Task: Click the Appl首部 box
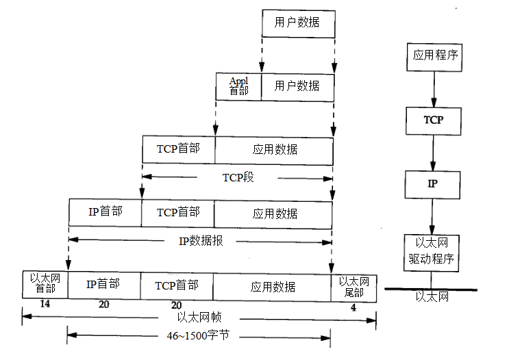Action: click(x=238, y=86)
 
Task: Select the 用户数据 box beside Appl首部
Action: click(x=297, y=86)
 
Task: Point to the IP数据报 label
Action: click(x=201, y=240)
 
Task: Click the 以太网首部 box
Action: click(x=45, y=284)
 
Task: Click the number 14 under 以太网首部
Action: click(x=45, y=304)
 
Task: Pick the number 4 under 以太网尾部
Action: click(x=353, y=307)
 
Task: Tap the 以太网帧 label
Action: click(x=199, y=318)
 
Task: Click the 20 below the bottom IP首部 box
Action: click(x=104, y=304)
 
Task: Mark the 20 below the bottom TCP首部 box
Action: click(x=176, y=304)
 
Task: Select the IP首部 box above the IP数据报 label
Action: click(x=105, y=212)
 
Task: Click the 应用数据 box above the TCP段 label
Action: click(x=275, y=149)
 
